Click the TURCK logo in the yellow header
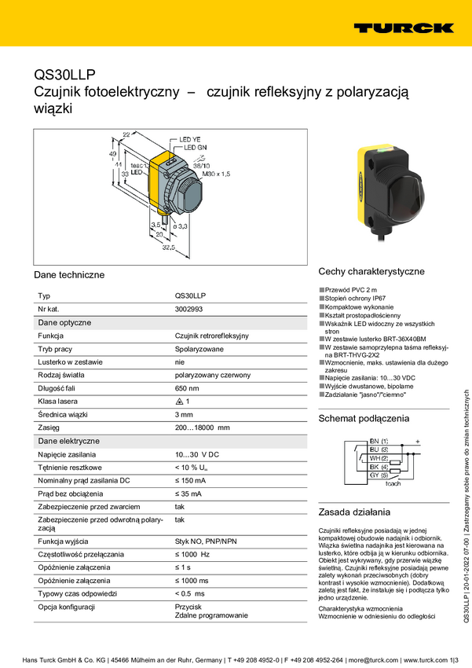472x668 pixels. [403, 28]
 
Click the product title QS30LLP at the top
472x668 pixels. [64, 75]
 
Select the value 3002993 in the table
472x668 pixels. [188, 310]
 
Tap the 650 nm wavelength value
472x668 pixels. [187, 388]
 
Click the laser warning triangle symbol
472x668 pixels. [179, 402]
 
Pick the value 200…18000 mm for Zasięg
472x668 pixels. [202, 428]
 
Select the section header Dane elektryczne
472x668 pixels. [69, 441]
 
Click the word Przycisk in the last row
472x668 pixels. [188, 607]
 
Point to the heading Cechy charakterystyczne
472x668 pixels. [371, 272]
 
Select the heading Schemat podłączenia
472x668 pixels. [364, 418]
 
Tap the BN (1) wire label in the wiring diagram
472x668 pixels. [379, 442]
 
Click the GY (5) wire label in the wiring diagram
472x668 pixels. [379, 475]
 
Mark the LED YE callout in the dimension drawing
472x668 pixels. [191, 138]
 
